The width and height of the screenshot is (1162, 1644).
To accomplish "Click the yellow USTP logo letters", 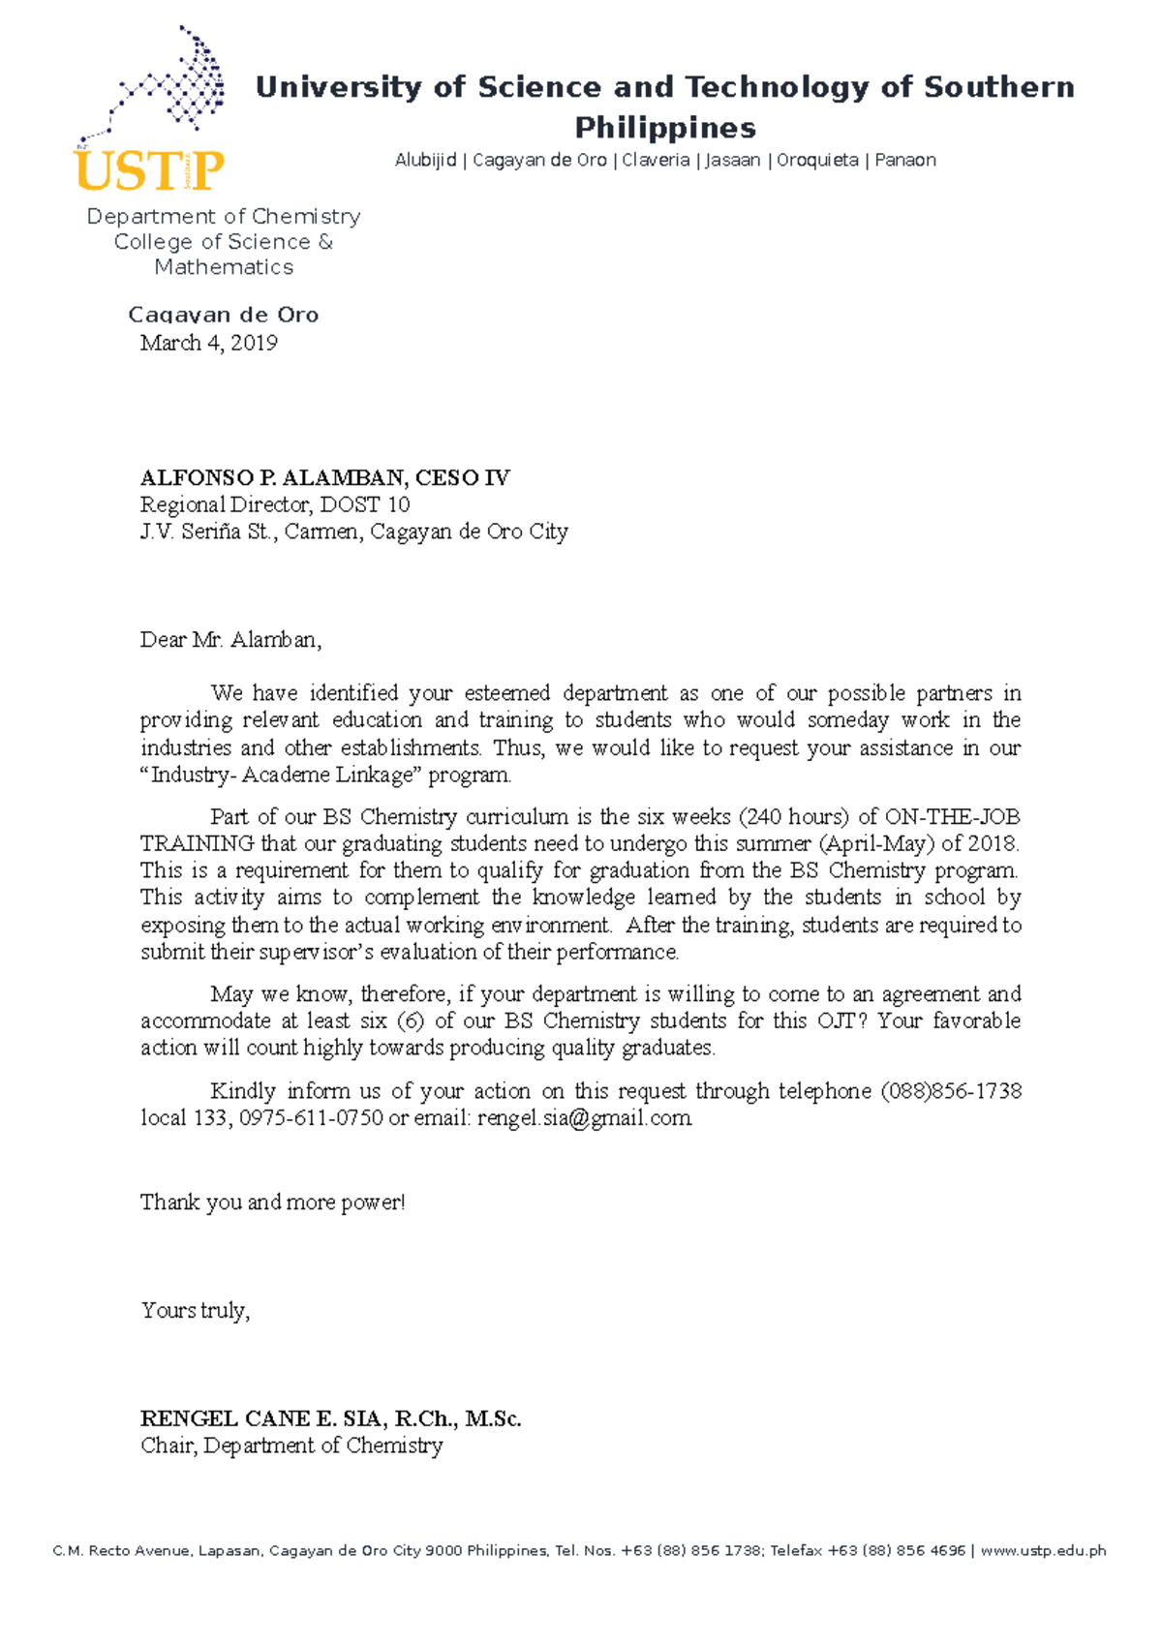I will pyautogui.click(x=148, y=171).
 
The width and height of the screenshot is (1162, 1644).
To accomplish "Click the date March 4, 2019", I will pyautogui.click(x=208, y=343).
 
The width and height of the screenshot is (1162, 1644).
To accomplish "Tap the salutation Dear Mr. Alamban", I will pyautogui.click(x=229, y=639).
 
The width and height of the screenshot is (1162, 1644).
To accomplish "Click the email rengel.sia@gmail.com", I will pyautogui.click(x=585, y=1117).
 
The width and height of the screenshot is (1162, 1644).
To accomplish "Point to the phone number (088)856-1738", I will pyautogui.click(x=950, y=1091).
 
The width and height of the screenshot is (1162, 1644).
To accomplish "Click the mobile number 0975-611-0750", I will pyautogui.click(x=311, y=1117).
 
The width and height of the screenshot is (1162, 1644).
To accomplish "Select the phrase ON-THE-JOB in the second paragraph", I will pyautogui.click(x=952, y=816).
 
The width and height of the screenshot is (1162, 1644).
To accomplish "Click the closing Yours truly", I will pyautogui.click(x=195, y=1310).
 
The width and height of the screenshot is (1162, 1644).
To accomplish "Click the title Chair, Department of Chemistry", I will pyautogui.click(x=290, y=1446).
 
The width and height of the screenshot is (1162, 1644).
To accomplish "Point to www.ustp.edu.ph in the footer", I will pyautogui.click(x=1042, y=1550).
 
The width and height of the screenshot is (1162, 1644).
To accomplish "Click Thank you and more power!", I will pyautogui.click(x=272, y=1203).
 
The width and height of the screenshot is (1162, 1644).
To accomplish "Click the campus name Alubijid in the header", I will pyautogui.click(x=425, y=160).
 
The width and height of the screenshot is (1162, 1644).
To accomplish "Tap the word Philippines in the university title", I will pyautogui.click(x=665, y=128).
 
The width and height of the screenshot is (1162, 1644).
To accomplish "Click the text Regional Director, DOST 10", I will pyautogui.click(x=274, y=504).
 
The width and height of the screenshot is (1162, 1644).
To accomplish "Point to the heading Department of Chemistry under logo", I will pyautogui.click(x=224, y=216).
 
